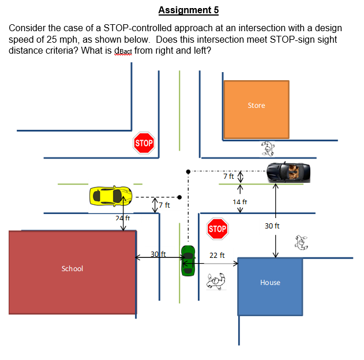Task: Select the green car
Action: pos(188,260)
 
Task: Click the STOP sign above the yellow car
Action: pos(144,142)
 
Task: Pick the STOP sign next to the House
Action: pos(217,229)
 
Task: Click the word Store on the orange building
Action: pos(256,106)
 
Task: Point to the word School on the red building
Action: pos(72,268)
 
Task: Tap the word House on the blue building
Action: pos(270,283)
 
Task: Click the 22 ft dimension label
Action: pos(217,254)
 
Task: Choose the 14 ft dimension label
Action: pos(240,202)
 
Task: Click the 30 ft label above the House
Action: pos(272,226)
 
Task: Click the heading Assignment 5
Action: pos(188,10)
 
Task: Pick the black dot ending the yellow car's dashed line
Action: pos(180,196)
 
